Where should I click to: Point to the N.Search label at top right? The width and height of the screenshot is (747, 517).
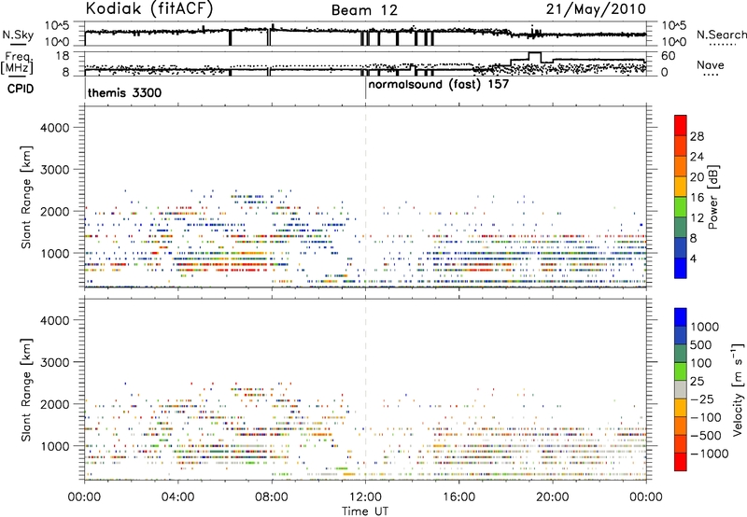pos(721,35)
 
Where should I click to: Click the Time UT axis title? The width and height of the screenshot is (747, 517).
pos(365,508)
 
